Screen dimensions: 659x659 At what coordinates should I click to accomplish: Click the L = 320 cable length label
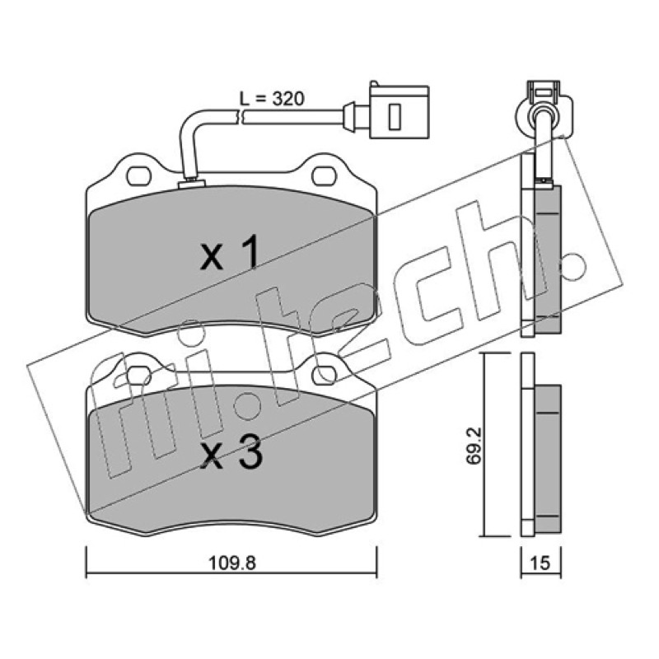[271, 99]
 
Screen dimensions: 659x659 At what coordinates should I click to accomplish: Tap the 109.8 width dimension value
[232, 563]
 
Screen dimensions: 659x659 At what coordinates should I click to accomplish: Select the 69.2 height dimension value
[474, 446]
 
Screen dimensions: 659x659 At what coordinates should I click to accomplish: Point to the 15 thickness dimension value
[540, 563]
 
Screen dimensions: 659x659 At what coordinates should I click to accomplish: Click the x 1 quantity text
[230, 253]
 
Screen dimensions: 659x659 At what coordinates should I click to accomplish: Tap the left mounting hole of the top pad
[138, 175]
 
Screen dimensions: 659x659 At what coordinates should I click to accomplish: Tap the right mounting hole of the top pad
[325, 175]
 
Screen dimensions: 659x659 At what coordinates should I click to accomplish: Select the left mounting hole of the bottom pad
[138, 374]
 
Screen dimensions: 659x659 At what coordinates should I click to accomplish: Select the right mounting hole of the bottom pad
[325, 375]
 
